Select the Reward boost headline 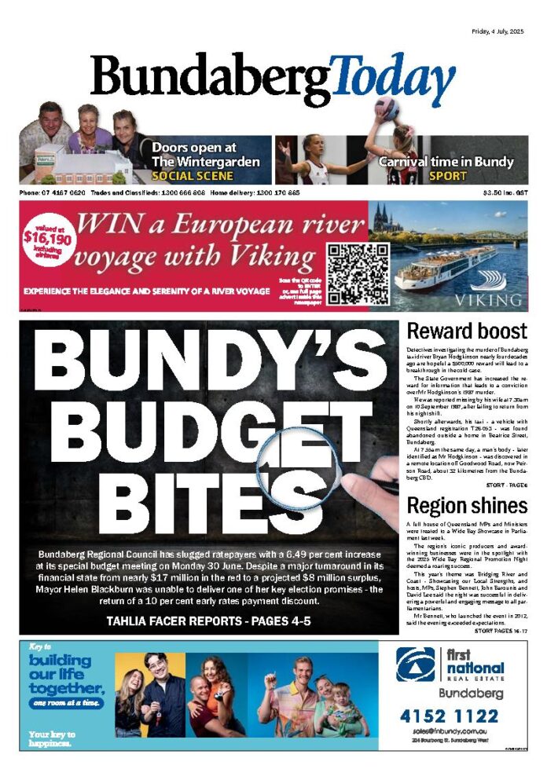click(467, 331)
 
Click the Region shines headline click(467, 504)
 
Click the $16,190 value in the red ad click(47, 237)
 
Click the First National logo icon click(416, 665)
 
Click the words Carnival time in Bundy click(446, 162)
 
